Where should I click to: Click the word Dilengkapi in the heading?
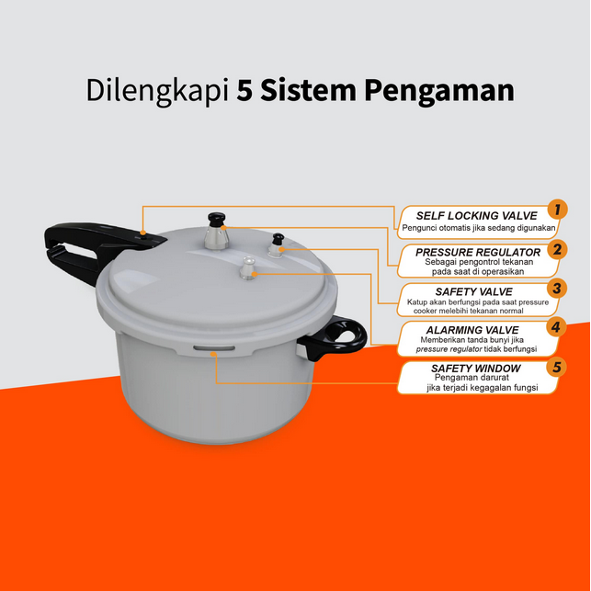click(x=157, y=91)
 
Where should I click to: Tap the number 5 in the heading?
click(x=244, y=90)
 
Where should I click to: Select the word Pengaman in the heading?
click(x=439, y=92)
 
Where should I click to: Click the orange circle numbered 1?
click(x=558, y=210)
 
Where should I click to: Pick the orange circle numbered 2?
click(x=557, y=249)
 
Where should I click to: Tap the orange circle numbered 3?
click(x=557, y=289)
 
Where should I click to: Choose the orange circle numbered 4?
click(x=556, y=327)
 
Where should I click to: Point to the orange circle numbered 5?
click(x=557, y=367)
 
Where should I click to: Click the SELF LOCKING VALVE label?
click(x=477, y=216)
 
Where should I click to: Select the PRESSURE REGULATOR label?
click(x=478, y=252)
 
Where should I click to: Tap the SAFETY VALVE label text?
click(x=473, y=291)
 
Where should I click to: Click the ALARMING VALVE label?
click(x=472, y=330)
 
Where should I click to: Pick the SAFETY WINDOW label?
click(x=476, y=369)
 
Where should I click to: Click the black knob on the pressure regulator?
click(x=216, y=219)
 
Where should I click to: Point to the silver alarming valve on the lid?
click(x=248, y=268)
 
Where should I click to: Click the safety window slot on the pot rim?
click(x=214, y=348)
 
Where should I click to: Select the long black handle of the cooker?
click(x=95, y=249)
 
